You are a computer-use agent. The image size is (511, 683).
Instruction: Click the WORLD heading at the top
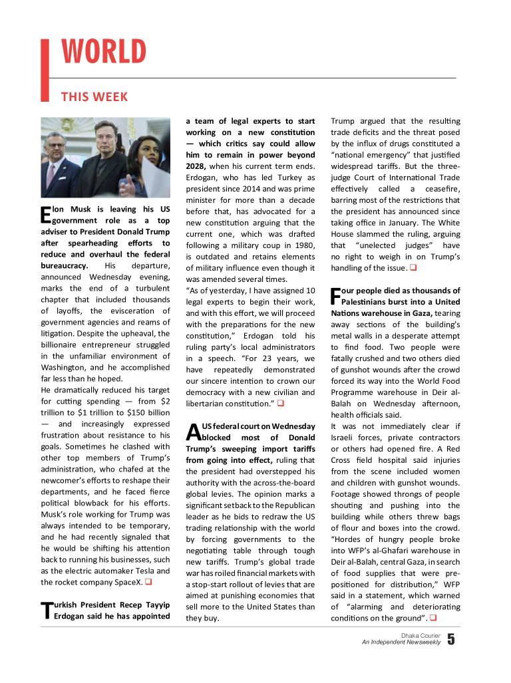coord(104,52)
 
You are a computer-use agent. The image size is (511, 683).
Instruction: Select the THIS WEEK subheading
coord(94,97)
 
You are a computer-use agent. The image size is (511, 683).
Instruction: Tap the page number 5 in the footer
coord(451,640)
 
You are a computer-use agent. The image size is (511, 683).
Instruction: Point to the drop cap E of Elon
coord(45,213)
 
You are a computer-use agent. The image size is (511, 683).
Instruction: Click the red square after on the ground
coord(433,618)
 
